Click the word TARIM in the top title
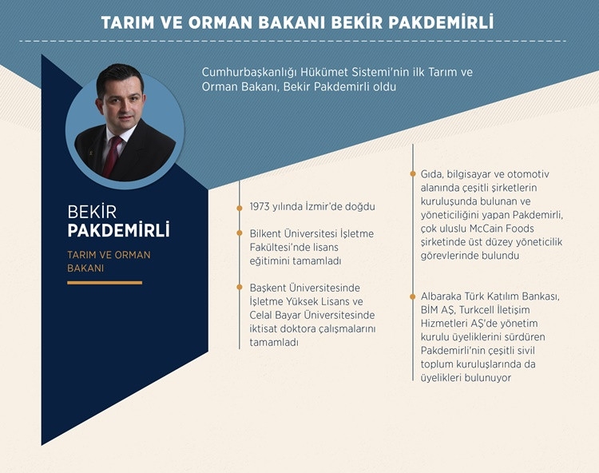pos(128,22)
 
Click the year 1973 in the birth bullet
pos(263,206)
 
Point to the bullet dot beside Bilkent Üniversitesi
pos(240,233)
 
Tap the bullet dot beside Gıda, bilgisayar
pos(413,173)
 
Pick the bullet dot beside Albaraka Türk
pos(413,296)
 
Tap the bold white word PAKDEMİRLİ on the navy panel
pos(118,232)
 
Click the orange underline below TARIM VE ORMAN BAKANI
pos(105,282)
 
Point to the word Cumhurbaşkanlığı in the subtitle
pos(251,72)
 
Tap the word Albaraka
pos(446,296)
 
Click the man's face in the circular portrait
pos(120,99)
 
